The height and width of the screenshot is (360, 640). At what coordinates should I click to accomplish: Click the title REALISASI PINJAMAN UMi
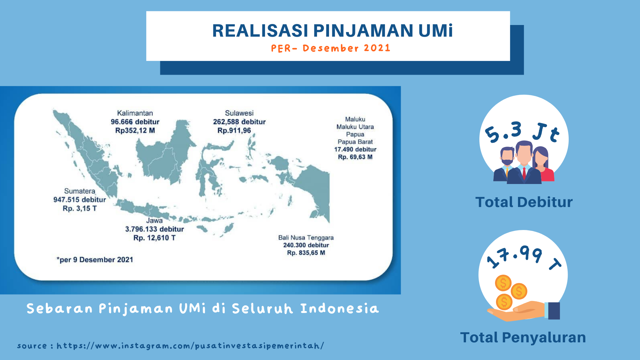pos(333,31)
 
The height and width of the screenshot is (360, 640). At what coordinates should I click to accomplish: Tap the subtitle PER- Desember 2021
pos(330,48)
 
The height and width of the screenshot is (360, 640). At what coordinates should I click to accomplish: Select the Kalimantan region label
pos(135,113)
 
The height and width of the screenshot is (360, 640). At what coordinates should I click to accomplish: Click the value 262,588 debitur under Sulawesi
pos(239,122)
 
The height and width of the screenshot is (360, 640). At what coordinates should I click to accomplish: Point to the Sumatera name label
pos(80,191)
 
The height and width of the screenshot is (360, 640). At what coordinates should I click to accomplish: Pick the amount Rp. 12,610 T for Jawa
pos(154,238)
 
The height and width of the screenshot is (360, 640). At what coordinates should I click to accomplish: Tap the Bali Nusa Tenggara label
pos(306,238)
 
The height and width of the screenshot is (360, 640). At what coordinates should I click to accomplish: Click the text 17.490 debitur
pos(355,149)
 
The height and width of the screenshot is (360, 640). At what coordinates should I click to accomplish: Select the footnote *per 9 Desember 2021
pos(95,260)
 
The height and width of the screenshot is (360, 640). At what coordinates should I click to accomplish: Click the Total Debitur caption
pos(524,202)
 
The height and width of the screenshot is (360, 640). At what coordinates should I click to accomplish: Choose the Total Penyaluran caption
pos(523,337)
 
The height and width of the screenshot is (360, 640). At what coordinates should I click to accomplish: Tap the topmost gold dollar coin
pos(503,283)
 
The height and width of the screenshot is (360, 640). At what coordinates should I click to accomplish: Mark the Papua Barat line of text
pos(355,142)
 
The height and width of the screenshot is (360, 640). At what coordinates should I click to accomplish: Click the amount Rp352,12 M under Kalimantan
pos(135,130)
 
